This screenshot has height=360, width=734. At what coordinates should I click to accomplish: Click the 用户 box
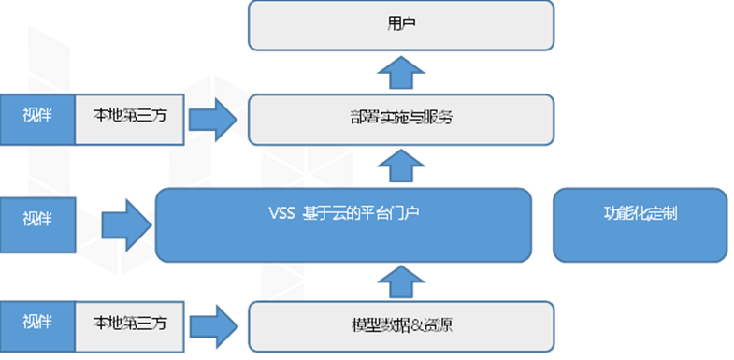click(x=401, y=25)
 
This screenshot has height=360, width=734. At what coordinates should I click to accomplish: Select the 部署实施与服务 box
click(x=401, y=120)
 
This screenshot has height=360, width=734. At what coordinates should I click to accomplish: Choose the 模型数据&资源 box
click(x=401, y=324)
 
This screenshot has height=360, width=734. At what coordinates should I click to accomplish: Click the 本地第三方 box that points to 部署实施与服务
click(x=129, y=119)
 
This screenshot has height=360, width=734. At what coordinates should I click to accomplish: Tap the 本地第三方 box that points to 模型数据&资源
click(x=129, y=324)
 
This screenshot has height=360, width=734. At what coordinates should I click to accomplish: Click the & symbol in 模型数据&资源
click(x=410, y=324)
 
